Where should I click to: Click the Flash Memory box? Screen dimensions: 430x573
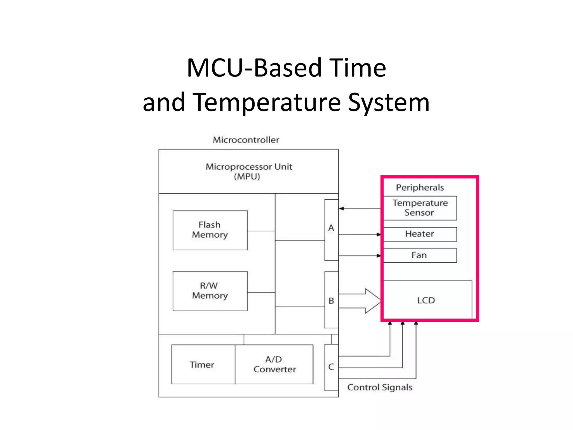(210, 230)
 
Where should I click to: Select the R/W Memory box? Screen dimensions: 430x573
(210, 291)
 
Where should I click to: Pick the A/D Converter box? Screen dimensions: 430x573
(274, 364)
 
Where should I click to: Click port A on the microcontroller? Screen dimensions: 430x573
(331, 230)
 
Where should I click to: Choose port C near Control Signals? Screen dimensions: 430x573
(331, 367)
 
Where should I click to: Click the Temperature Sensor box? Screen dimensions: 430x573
(420, 208)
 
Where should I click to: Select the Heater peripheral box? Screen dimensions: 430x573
(420, 234)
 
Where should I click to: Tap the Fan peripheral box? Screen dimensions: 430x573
(420, 255)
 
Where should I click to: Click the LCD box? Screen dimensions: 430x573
(426, 300)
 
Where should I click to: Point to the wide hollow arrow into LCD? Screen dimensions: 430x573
(361, 301)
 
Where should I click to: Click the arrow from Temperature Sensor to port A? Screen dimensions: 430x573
(360, 209)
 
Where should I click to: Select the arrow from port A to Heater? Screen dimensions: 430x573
(360, 234)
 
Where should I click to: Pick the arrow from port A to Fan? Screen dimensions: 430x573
(360, 256)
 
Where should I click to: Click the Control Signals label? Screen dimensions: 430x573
(380, 387)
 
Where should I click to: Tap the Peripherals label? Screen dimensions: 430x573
(420, 187)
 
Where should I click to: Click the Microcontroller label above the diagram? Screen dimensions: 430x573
(246, 140)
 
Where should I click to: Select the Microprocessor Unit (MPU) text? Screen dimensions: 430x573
(248, 171)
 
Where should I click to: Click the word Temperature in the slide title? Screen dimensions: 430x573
(267, 102)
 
